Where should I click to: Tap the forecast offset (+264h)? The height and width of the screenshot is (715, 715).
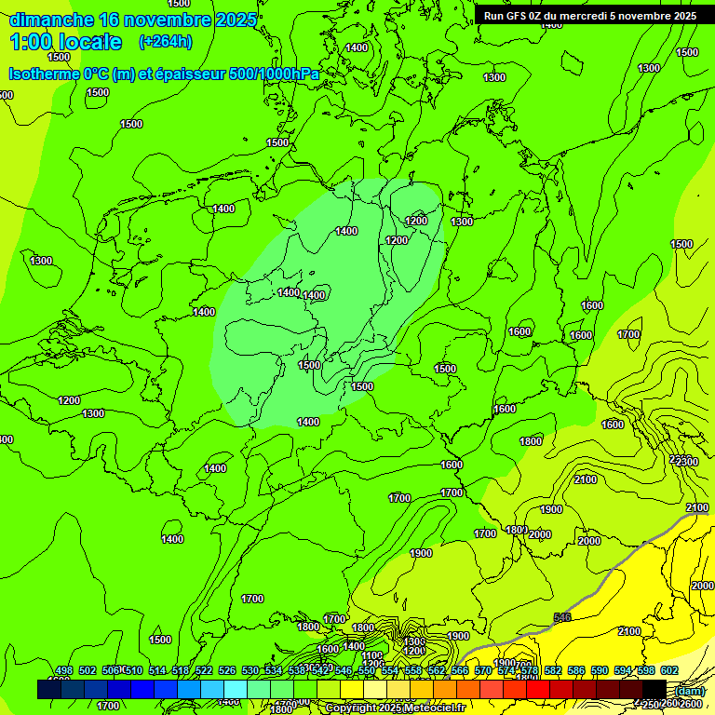[x=166, y=41]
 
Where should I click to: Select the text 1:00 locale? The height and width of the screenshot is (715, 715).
[x=65, y=42]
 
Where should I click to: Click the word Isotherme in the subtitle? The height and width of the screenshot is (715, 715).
[x=43, y=74]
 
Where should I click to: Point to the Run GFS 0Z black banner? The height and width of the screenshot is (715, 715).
[x=589, y=15]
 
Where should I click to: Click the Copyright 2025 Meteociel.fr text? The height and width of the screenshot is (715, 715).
[x=395, y=708]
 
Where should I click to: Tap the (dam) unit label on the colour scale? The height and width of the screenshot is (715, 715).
[x=691, y=690]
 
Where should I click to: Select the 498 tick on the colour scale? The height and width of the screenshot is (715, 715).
[x=63, y=671]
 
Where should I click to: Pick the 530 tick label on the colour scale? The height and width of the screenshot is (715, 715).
[x=250, y=671]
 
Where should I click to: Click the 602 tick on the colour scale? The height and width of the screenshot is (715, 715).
[x=668, y=671]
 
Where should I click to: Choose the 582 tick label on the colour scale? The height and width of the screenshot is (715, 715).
[x=552, y=671]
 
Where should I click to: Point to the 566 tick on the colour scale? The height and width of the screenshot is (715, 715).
[x=459, y=671]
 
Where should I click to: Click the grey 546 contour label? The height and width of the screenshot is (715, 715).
[x=561, y=617]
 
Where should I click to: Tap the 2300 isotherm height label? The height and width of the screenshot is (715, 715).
[x=687, y=462]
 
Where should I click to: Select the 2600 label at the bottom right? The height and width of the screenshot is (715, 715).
[x=691, y=704]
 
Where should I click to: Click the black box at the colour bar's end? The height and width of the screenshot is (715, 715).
[x=654, y=690]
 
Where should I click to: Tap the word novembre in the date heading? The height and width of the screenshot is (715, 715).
[x=168, y=20]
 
